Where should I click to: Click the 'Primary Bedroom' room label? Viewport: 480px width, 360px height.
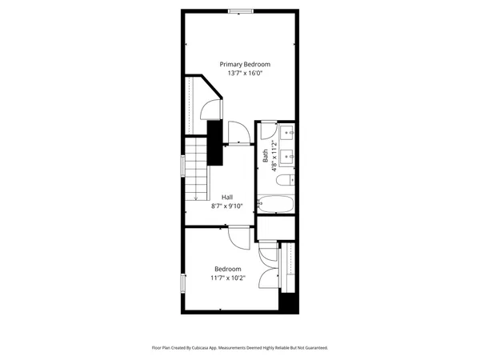(245, 64)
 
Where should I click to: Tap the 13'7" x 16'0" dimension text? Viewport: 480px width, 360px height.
(245, 73)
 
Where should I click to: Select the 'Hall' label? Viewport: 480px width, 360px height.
(227, 197)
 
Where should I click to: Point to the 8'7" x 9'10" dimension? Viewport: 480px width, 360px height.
(227, 206)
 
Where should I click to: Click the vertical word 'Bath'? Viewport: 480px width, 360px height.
(266, 156)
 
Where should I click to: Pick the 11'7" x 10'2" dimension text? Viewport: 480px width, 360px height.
(227, 278)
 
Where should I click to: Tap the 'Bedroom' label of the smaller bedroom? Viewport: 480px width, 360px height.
(227, 269)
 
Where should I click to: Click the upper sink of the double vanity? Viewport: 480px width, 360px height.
(290, 131)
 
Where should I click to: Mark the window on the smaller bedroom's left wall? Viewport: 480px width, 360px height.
(184, 283)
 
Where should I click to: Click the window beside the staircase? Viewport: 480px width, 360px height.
(184, 166)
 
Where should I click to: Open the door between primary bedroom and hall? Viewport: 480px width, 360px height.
(238, 134)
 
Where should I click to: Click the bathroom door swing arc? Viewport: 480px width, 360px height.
(267, 133)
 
